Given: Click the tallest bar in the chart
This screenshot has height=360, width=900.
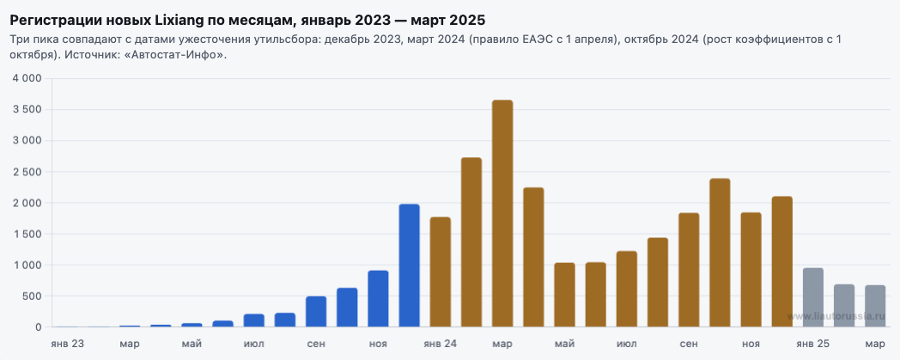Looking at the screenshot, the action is [x=502, y=214].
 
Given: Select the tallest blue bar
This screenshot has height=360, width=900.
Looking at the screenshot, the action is [x=410, y=265].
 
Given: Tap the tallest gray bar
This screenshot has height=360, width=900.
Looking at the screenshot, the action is [x=813, y=297].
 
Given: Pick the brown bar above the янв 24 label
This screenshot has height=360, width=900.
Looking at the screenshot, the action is [x=441, y=272].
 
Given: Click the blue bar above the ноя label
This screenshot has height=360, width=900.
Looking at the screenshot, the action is [x=378, y=298].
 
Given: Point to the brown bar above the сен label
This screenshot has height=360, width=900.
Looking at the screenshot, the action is [x=689, y=270].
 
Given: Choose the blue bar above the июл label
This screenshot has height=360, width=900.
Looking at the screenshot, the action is [x=253, y=320].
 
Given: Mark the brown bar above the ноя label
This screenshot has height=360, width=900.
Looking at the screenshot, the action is [x=751, y=270].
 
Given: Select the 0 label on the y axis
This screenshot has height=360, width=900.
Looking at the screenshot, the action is [x=39, y=327].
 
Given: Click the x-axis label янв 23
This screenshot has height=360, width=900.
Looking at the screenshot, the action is [x=67, y=344].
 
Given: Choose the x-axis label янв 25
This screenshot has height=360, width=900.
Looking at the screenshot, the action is [x=813, y=344].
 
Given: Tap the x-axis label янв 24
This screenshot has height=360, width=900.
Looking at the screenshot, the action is [x=441, y=344].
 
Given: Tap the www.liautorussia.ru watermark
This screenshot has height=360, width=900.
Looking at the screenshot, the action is [x=836, y=316].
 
